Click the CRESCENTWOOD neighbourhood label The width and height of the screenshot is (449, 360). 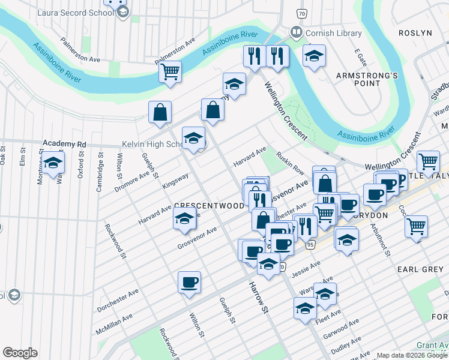point(209,205)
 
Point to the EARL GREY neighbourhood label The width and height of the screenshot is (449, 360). point(420,269)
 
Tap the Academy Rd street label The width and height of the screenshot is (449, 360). point(64,144)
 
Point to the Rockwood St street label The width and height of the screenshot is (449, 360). point(115,241)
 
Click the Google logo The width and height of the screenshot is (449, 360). point(20,353)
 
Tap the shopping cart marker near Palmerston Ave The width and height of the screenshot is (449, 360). point(170,72)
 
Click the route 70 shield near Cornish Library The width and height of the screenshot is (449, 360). point(301,13)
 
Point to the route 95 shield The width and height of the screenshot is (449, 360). point(310,245)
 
